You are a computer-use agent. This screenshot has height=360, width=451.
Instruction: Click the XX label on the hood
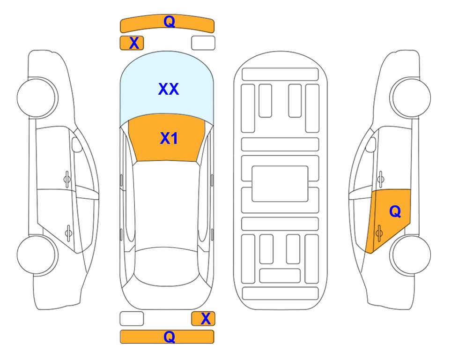169,89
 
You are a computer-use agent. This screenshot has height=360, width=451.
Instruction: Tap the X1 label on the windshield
169,138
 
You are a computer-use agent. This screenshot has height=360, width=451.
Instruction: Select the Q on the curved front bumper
170,22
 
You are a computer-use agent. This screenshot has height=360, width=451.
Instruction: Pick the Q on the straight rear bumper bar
170,337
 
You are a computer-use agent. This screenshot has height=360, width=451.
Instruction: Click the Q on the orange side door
395,212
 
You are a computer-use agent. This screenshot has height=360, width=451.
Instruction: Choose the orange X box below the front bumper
132,43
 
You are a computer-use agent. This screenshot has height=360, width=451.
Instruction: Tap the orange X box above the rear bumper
203,319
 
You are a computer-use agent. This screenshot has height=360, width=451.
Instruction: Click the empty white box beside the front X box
203,43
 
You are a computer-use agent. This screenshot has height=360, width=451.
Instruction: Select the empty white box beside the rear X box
132,319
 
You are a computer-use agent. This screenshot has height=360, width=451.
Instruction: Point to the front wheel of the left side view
37,97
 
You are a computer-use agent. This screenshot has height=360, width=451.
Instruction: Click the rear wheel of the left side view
37,255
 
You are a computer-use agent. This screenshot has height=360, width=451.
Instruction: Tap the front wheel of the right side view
410,97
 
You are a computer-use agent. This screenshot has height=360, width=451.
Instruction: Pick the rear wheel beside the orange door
410,255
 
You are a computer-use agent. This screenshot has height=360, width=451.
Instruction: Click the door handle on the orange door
379,233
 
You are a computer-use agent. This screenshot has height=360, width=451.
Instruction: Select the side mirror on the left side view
76,144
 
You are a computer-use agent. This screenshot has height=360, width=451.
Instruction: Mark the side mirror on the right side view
371,144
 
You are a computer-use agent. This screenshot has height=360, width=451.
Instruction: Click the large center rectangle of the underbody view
280,184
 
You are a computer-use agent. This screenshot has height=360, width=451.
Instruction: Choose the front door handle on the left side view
67,179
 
